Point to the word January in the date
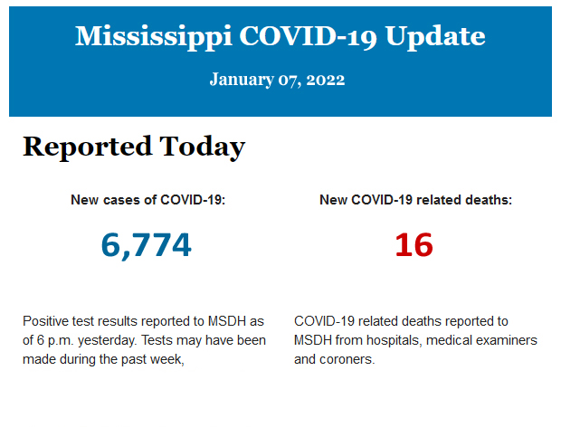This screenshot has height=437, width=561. [240, 80]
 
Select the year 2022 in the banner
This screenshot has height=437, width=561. [326, 80]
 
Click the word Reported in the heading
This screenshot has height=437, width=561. [87, 147]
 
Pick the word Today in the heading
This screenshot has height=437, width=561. [202, 147]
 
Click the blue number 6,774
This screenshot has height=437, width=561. [147, 244]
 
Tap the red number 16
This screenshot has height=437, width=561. [414, 244]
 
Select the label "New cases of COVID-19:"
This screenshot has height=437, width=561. [147, 200]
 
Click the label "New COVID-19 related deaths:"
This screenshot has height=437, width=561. [415, 200]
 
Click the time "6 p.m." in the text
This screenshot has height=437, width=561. [56, 340]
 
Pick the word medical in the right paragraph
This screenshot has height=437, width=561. [448, 340]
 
